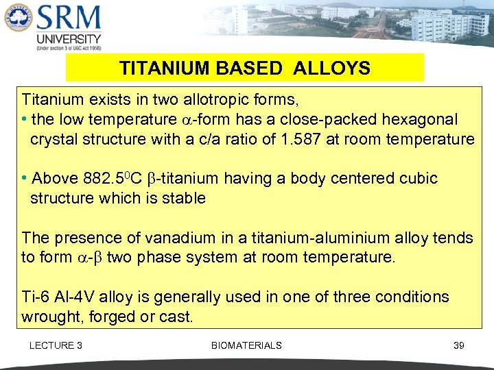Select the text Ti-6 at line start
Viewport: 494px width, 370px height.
coord(36,297)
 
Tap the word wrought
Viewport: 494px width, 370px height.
coord(49,317)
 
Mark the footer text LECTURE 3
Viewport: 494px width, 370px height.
coord(56,345)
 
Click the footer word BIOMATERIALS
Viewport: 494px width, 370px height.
coord(246,345)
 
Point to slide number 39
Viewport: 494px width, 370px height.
coord(459,345)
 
